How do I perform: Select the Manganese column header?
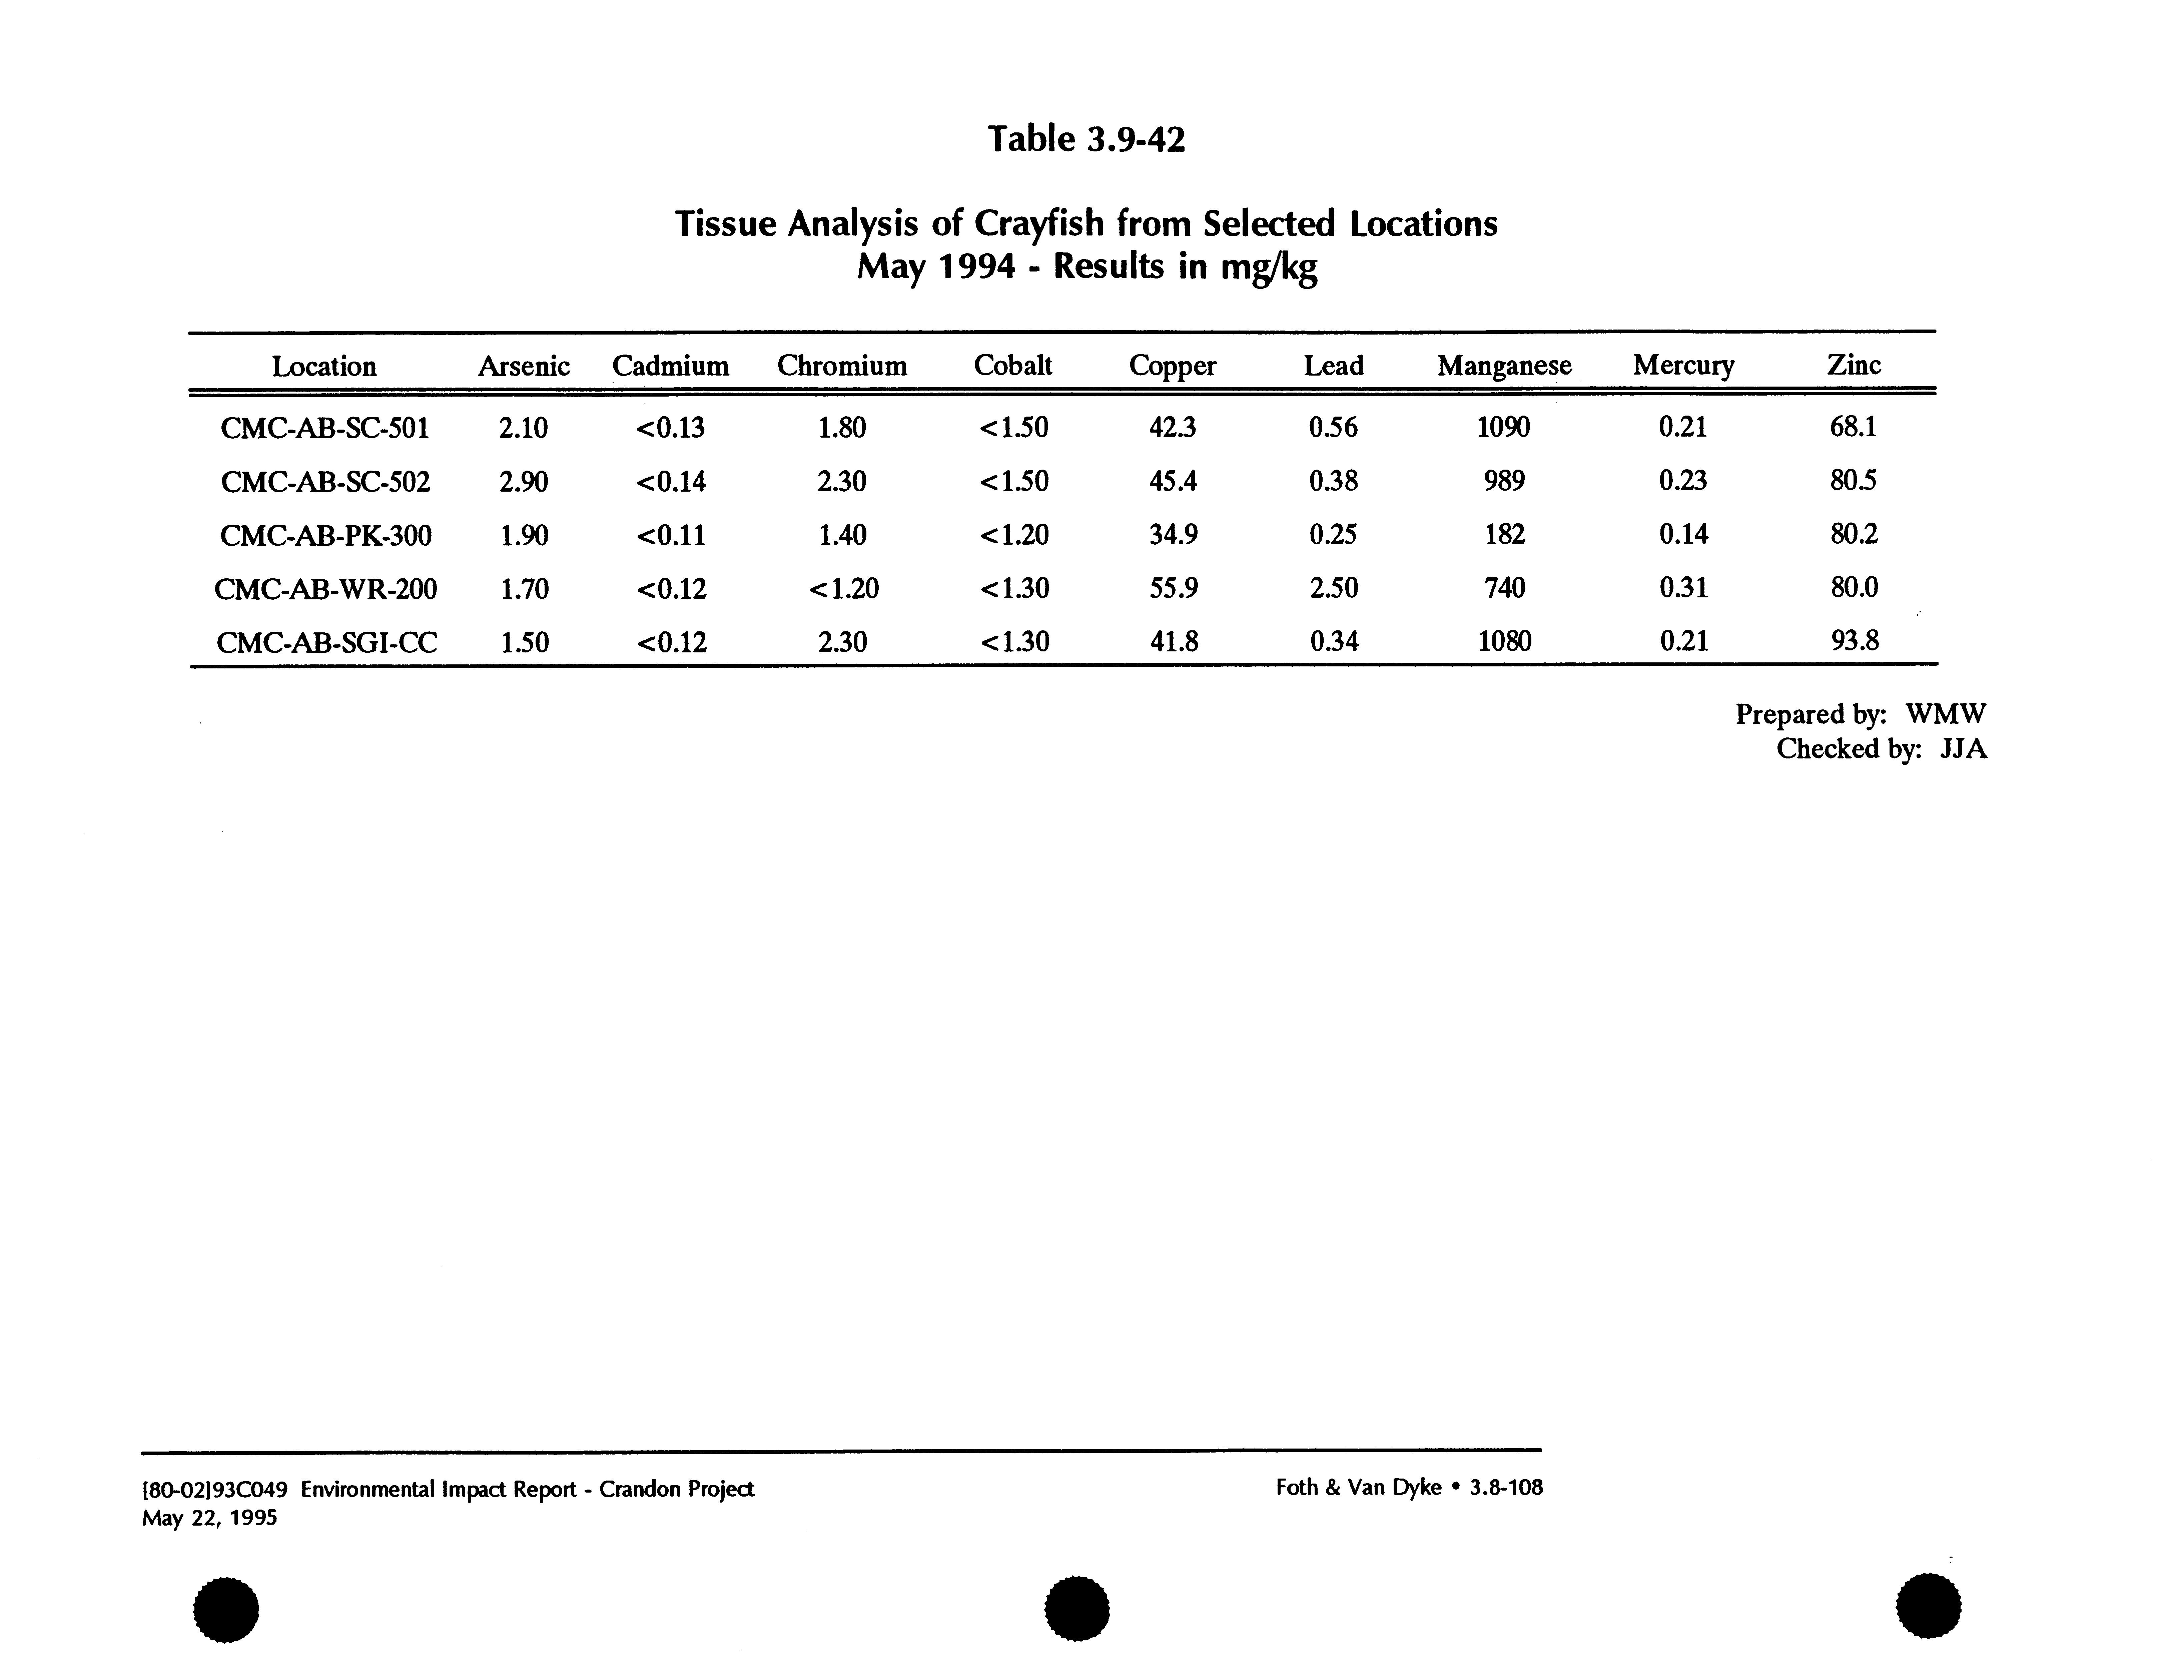click(1504, 366)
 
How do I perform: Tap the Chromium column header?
click(841, 366)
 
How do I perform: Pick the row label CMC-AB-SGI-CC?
click(326, 642)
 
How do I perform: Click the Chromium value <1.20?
click(843, 589)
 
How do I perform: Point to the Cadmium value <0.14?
click(671, 482)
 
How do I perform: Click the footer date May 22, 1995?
click(209, 1518)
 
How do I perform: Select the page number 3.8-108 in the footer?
click(1506, 1488)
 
